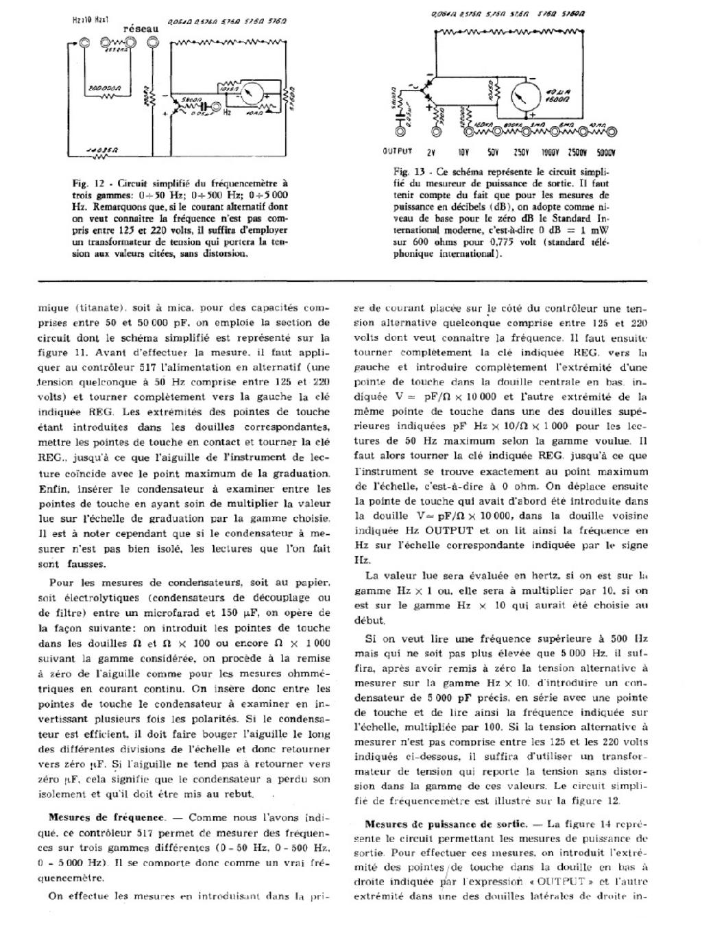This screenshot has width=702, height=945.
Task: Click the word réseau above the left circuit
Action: pyautogui.click(x=141, y=29)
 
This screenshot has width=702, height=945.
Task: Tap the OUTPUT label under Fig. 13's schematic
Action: pyautogui.click(x=398, y=152)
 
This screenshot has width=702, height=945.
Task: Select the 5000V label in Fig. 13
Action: pyautogui.click(x=605, y=152)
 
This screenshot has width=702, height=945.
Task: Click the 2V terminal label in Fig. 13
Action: pyautogui.click(x=432, y=152)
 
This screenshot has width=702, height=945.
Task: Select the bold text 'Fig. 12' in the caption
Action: pyautogui.click(x=88, y=184)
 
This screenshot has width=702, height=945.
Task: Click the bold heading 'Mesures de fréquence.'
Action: pyautogui.click(x=106, y=817)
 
